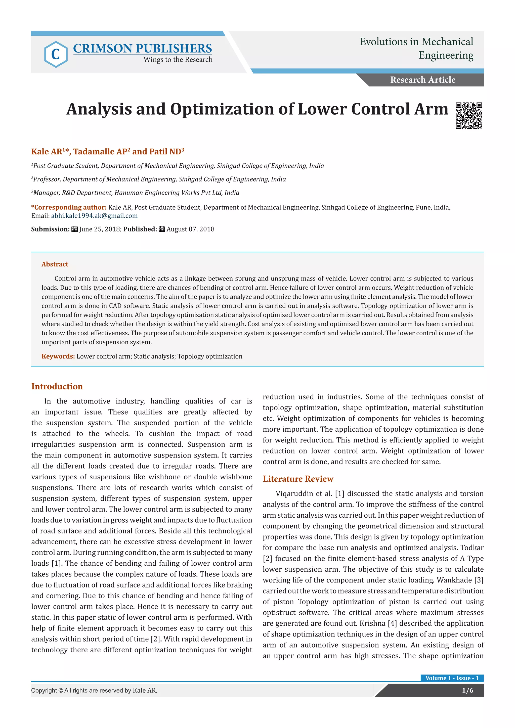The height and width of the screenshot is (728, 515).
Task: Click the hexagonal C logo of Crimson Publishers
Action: [56, 54]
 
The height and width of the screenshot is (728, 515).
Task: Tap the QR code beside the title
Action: [469, 116]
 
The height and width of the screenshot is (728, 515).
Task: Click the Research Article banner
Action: [422, 80]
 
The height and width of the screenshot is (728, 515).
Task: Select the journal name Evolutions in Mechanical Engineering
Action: [416, 48]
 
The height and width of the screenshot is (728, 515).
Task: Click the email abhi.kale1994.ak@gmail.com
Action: [94, 216]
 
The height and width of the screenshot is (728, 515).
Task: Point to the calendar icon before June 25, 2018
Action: [74, 229]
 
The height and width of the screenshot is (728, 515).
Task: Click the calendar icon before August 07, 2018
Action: [162, 229]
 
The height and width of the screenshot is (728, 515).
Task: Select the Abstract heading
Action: [55, 264]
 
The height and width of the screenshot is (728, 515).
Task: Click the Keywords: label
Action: [58, 356]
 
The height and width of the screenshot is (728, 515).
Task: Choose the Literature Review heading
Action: [298, 479]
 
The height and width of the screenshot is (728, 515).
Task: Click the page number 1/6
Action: [467, 691]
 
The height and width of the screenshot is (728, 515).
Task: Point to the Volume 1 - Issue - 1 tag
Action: [452, 678]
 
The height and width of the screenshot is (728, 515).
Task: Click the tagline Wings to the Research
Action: [178, 60]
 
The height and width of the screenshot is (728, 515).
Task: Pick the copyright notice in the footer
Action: [94, 691]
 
